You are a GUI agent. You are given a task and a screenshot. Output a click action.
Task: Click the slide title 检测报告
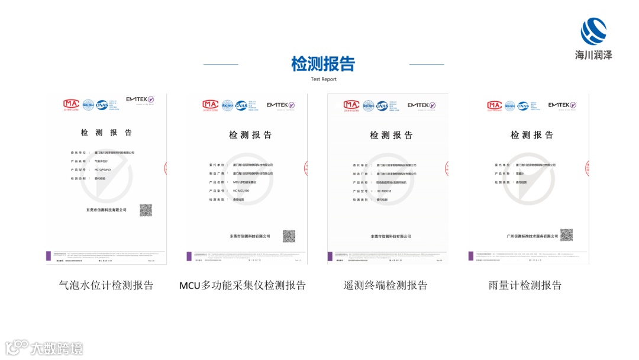[323, 63]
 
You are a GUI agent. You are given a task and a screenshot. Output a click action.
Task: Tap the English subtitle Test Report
[324, 79]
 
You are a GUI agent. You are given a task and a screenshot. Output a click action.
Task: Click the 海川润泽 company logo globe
[594, 31]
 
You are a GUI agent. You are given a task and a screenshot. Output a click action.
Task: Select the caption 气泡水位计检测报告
[106, 285]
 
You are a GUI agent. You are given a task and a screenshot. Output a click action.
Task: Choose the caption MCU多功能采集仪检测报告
[243, 285]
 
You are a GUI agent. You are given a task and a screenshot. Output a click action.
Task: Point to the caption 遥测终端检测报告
[385, 285]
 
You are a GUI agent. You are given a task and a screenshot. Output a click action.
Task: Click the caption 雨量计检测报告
[525, 285]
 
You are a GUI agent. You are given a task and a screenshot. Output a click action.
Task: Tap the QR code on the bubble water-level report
[146, 210]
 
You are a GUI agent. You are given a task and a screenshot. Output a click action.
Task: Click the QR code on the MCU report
[289, 236]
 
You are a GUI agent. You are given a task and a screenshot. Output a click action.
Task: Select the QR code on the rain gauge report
[566, 235]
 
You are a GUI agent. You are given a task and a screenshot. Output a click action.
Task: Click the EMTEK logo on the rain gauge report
[561, 105]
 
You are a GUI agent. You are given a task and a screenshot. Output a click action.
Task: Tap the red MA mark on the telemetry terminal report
[351, 105]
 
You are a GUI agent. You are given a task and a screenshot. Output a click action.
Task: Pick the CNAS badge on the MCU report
[241, 105]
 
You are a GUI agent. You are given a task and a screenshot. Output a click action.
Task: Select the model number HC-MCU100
[241, 191]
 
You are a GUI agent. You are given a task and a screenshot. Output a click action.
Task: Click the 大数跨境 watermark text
[57, 348]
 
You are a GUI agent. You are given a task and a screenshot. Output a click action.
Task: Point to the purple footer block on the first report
[49, 256]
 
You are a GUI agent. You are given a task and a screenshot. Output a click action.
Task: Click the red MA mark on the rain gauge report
[494, 105]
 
